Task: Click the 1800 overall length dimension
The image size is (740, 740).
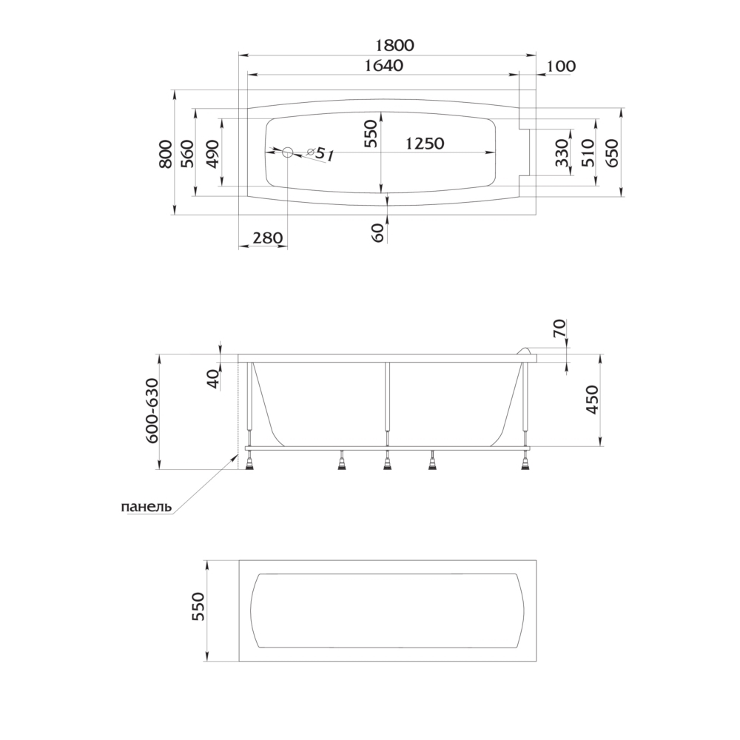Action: pyautogui.click(x=395, y=45)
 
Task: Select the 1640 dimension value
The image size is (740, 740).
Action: pyautogui.click(x=384, y=66)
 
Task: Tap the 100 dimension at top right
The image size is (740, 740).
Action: pyautogui.click(x=561, y=66)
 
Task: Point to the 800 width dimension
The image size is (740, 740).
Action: pyautogui.click(x=165, y=154)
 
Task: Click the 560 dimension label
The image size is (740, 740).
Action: pyautogui.click(x=187, y=154)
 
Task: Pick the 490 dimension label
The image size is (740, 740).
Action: pyautogui.click(x=212, y=154)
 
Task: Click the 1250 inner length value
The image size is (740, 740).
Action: pyautogui.click(x=425, y=143)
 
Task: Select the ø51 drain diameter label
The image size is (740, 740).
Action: pyautogui.click(x=320, y=153)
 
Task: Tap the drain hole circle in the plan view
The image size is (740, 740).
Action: pyautogui.click(x=287, y=152)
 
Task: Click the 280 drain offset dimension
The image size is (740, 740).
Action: pyautogui.click(x=268, y=238)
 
